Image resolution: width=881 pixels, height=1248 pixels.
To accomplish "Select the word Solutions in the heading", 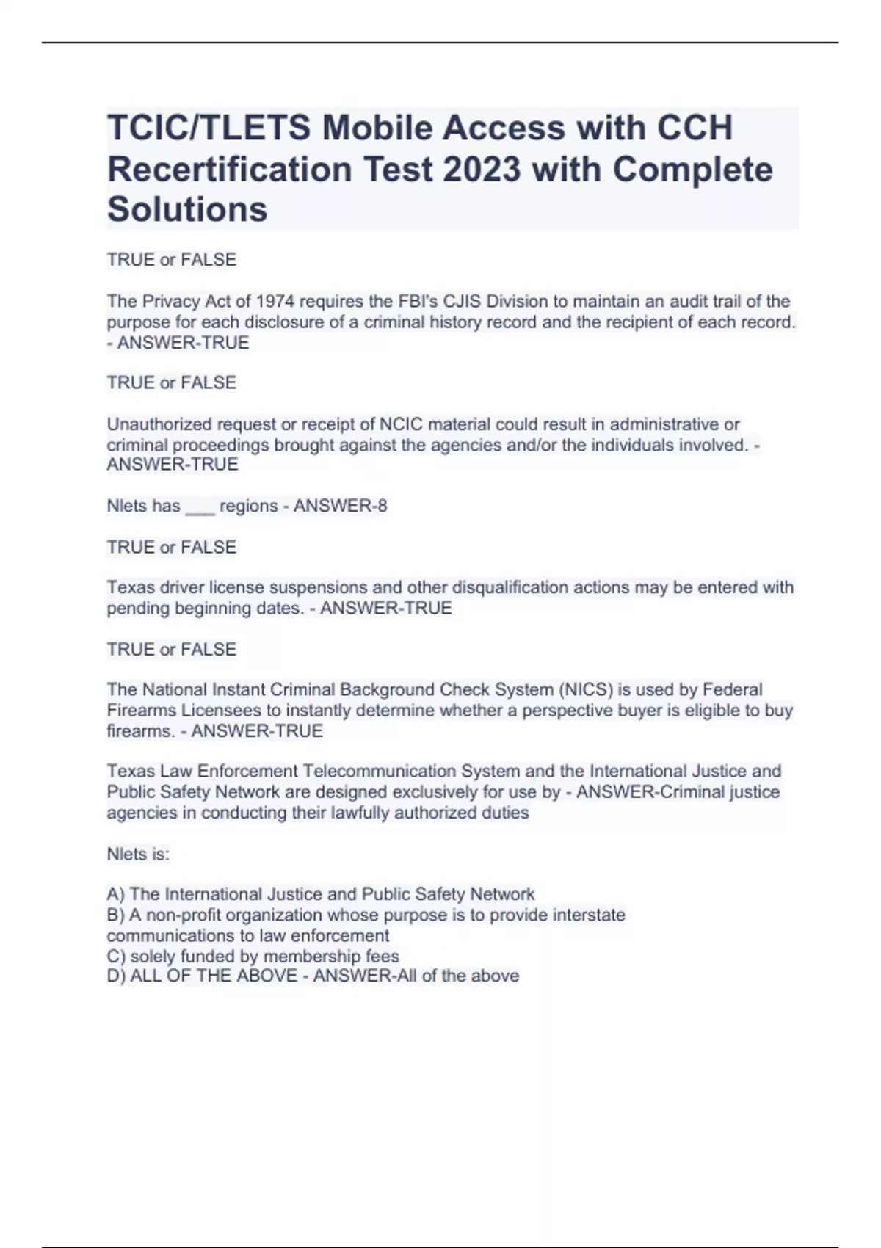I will (x=187, y=209).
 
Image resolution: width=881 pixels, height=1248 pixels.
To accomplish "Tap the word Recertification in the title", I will (x=230, y=169).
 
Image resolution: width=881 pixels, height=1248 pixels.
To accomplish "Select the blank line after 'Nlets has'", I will (x=200, y=507).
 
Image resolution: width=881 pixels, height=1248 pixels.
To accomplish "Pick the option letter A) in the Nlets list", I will (x=116, y=894).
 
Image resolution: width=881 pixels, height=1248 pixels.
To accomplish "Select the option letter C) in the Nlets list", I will (x=116, y=957).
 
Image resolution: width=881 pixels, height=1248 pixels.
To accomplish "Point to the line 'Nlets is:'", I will (x=138, y=854).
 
